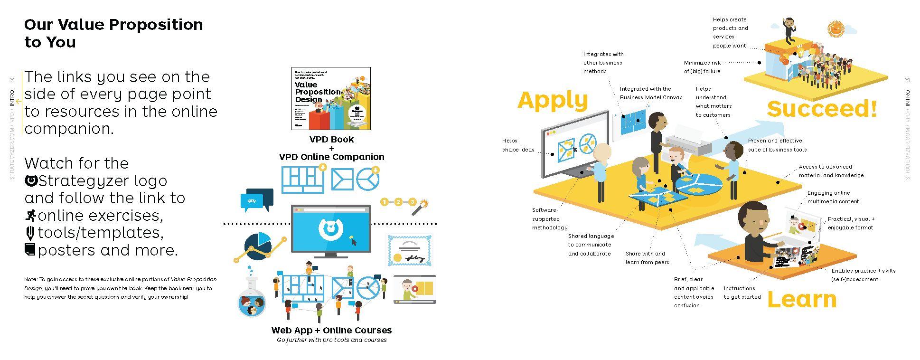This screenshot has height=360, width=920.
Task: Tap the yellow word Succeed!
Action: pos(822,109)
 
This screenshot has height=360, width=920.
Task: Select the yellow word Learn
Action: pos(802,300)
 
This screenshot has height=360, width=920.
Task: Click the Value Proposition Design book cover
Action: pos(331,99)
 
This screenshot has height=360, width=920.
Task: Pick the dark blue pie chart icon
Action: pos(257,246)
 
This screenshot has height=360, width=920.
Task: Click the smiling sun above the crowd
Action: pos(836,29)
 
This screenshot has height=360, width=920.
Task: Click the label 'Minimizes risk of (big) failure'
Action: pos(703,67)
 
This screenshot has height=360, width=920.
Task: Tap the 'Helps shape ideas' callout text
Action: pos(518,145)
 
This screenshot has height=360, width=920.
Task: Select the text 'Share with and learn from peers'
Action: pos(647,258)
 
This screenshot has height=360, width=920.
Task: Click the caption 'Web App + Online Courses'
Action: pos(331,330)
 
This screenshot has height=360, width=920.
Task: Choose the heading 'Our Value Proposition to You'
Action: pos(113,33)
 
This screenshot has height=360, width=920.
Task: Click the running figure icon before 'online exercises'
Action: pos(30,216)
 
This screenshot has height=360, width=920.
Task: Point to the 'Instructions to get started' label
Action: pos(742,293)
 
